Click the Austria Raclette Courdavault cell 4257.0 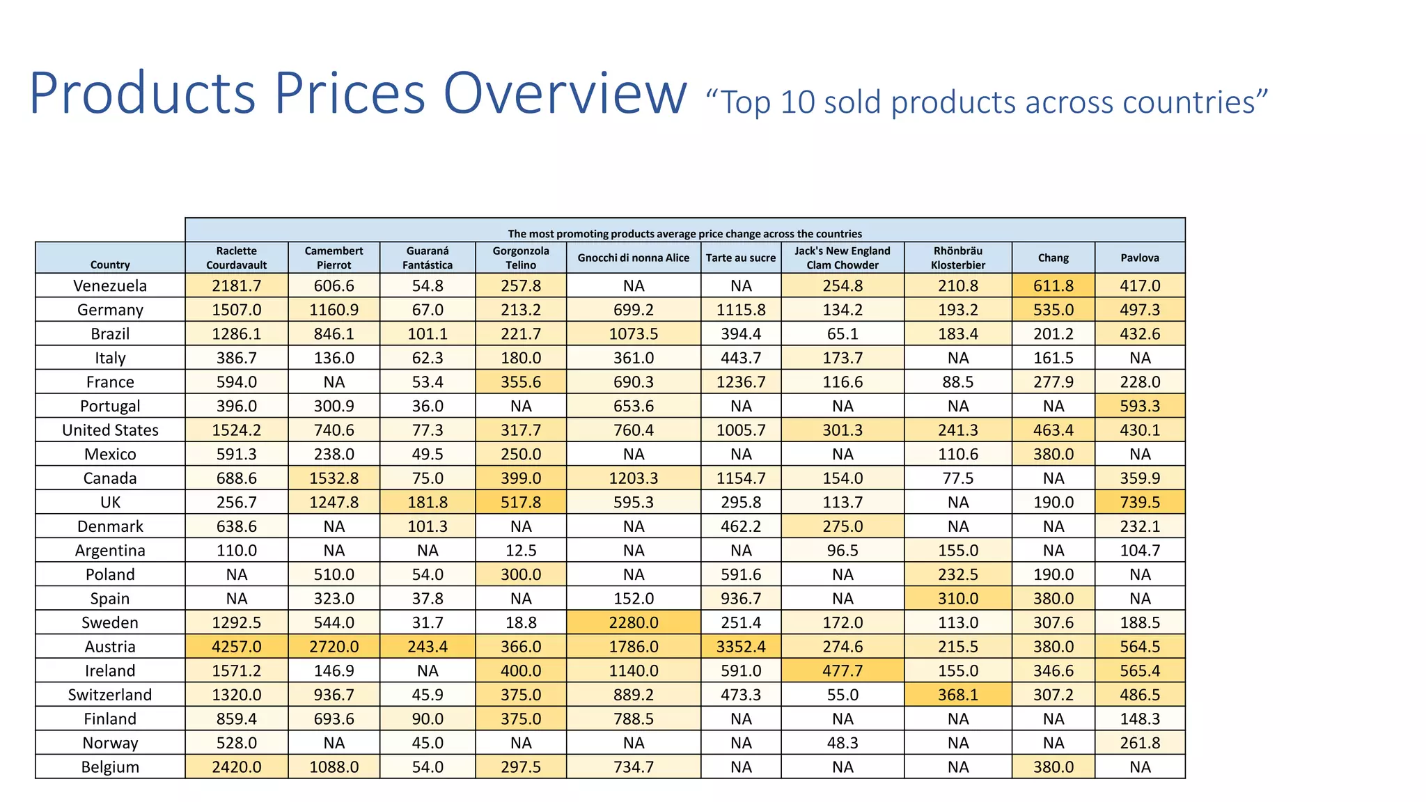(x=237, y=647)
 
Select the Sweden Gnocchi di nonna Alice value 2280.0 (x=634, y=622)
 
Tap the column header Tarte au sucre (x=740, y=258)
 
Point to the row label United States (x=110, y=430)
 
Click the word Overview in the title (x=565, y=94)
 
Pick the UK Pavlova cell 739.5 (x=1140, y=503)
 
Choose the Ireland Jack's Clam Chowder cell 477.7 (x=843, y=670)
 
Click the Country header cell (x=110, y=265)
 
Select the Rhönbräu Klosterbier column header (x=958, y=258)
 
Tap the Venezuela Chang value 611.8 (x=1053, y=286)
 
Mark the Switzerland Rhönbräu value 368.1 (x=958, y=695)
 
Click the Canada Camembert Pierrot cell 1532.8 (x=334, y=478)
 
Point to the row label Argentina (x=110, y=551)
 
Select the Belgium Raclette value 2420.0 (x=237, y=767)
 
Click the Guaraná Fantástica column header (x=428, y=258)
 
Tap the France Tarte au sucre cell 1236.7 (x=741, y=382)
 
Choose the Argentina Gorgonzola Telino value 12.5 (x=521, y=551)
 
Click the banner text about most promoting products (x=684, y=234)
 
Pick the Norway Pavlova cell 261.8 (x=1140, y=743)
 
